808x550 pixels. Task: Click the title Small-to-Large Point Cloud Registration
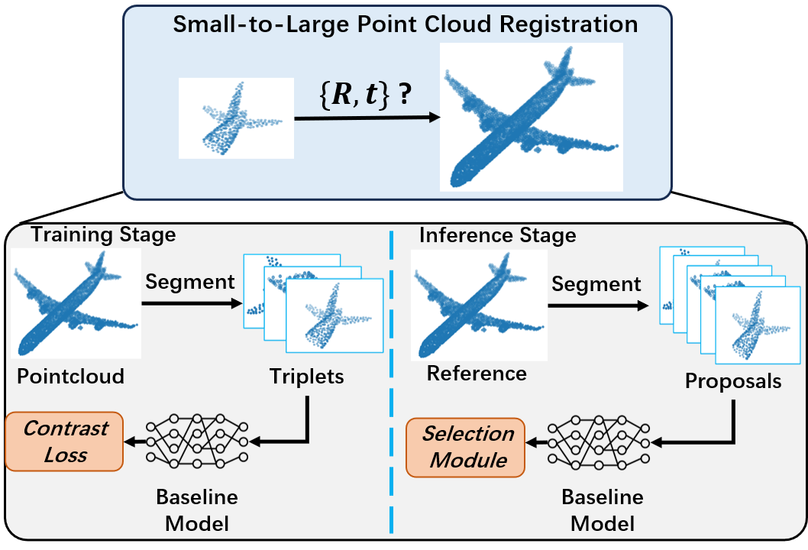coord(405,24)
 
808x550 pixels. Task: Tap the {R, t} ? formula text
coord(365,94)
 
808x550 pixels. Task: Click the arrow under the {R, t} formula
coord(367,118)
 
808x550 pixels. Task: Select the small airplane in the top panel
coord(236,118)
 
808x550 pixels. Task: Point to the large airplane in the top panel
coord(532,117)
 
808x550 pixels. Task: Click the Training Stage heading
coord(104,235)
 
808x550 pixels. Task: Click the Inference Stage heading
coord(497,235)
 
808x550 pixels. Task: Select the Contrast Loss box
coord(64,442)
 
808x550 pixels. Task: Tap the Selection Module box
coord(466,447)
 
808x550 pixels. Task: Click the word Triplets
coord(306,377)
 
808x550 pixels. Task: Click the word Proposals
coord(732,381)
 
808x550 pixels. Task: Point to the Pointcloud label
coord(70,377)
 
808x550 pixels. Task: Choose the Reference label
coord(477,374)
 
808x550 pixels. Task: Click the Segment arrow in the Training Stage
coord(192,303)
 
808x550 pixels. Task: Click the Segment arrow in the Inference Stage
coord(598,306)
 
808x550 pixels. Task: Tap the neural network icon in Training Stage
coord(197,441)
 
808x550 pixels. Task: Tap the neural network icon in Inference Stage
coord(599,442)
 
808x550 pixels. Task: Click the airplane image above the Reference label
coord(480,305)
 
